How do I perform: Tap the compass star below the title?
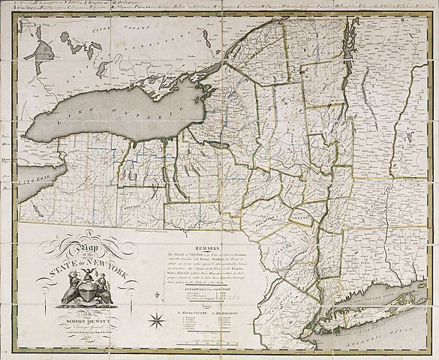click(158, 322)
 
